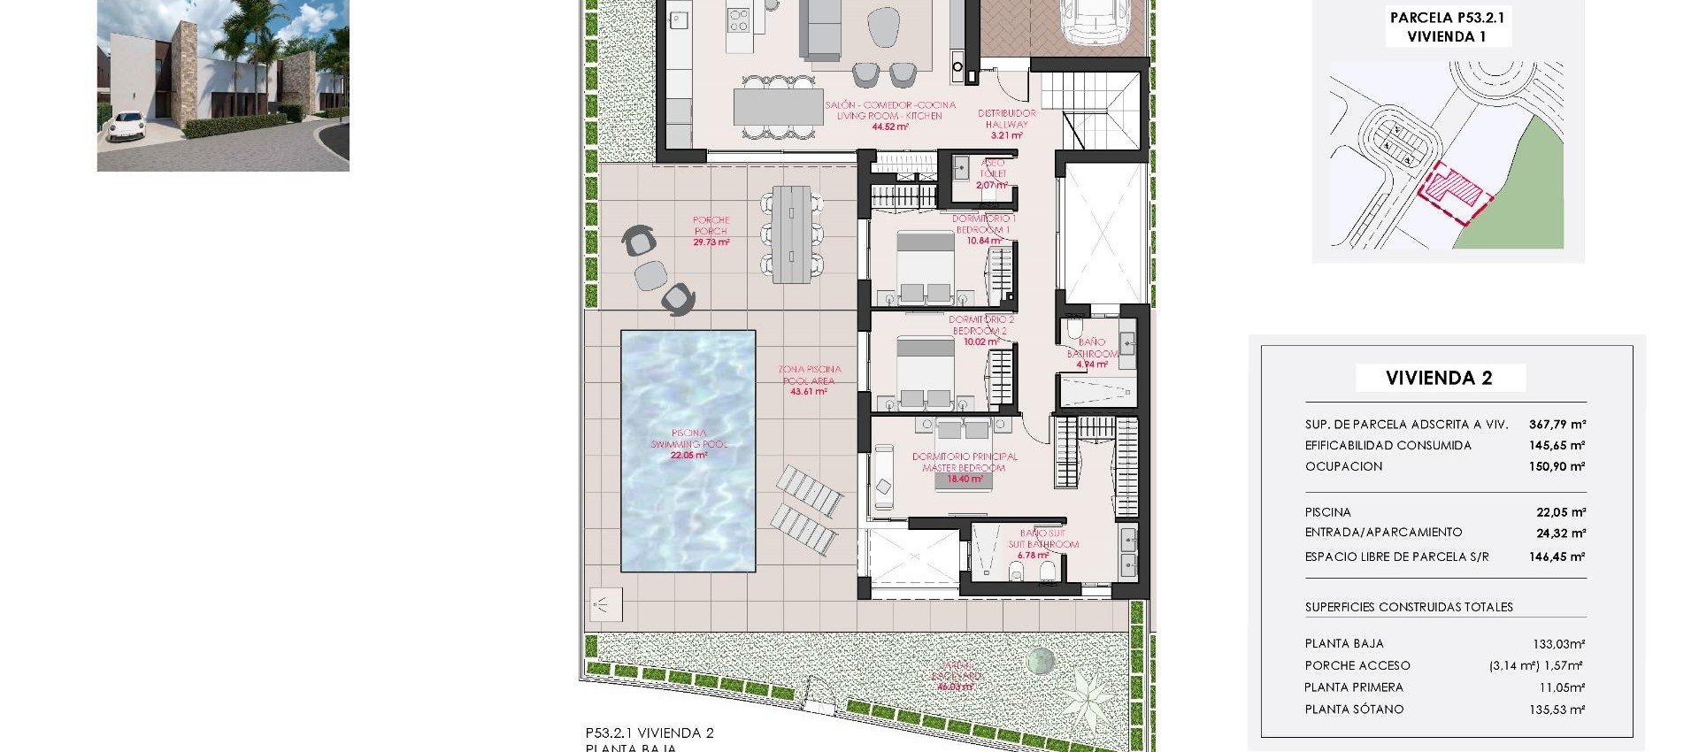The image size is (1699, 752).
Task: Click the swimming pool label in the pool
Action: [x=689, y=444]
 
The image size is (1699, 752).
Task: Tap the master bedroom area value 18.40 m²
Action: [x=965, y=480]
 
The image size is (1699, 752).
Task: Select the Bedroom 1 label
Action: [x=982, y=229]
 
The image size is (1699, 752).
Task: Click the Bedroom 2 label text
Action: [x=980, y=330]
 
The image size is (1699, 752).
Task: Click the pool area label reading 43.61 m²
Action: [x=809, y=391]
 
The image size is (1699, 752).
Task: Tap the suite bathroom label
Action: [x=1042, y=544]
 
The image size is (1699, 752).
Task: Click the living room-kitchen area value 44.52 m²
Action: [x=889, y=127]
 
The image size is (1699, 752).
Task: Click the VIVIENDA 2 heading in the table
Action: [x=1439, y=378]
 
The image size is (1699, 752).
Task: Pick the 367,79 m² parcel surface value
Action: [x=1557, y=425]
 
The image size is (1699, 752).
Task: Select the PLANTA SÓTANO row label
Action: [x=1354, y=710]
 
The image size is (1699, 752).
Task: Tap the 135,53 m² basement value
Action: [x=1557, y=710]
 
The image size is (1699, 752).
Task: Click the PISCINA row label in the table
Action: [x=1327, y=512]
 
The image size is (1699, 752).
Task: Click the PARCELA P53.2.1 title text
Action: [x=1447, y=18]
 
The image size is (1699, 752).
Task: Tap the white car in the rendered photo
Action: [x=125, y=127]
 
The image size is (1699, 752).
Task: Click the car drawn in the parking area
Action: [x=1094, y=22]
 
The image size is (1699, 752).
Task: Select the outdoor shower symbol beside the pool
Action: [x=606, y=604]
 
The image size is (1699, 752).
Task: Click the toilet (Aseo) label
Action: [x=992, y=174]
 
